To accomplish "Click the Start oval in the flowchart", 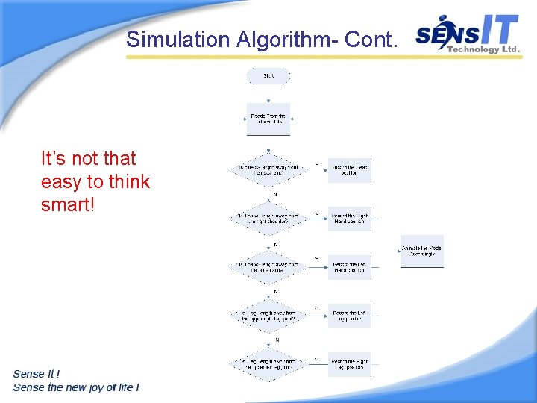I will pos(268,75).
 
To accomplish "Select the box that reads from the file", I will pos(268,119).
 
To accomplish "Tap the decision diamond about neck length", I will pos(268,170).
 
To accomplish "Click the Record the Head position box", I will pos(349,170).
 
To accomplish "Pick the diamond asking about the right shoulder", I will pos(268,219).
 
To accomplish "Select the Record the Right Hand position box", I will pos(349,219).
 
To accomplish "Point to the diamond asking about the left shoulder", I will pos(268,267).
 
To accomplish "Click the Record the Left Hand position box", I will pos(349,267).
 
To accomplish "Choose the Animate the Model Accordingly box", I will pos(421,252).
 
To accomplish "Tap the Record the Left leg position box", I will pos(349,316).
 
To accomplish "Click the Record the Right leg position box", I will pos(349,364).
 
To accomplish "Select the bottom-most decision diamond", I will pos(268,364).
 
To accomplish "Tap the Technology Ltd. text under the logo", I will pos(483,49).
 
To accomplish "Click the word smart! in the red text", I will pos(68,204).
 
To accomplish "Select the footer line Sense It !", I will pos(37,373).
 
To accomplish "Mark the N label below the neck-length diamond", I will pos(275,194).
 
